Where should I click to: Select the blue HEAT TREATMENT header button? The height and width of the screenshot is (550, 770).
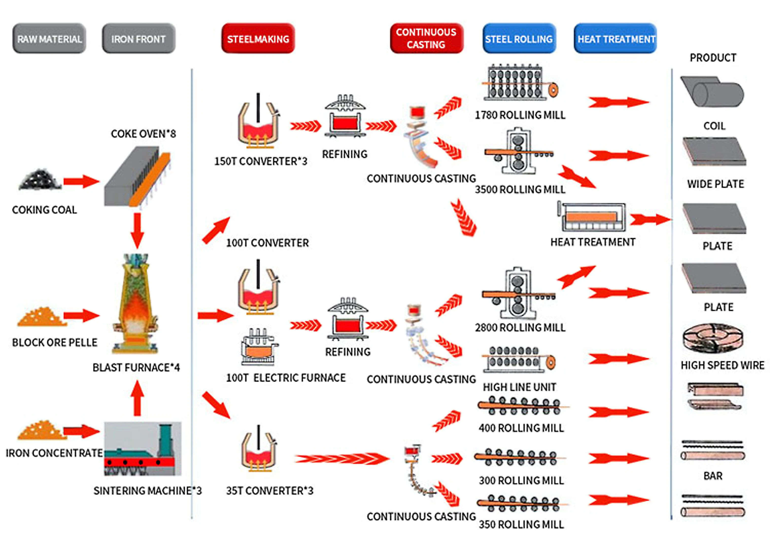[616, 39]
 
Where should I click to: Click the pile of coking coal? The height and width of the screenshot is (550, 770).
[40, 180]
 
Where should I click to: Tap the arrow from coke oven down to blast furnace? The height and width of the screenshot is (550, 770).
[137, 231]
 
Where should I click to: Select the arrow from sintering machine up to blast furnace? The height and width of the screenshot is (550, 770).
[137, 398]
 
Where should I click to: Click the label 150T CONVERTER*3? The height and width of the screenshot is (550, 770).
[260, 161]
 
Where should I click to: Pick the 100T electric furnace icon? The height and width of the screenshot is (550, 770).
[258, 347]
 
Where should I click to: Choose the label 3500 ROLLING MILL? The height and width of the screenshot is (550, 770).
[520, 189]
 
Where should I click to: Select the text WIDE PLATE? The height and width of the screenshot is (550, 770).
[716, 184]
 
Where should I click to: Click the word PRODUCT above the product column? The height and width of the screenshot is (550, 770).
[713, 58]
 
